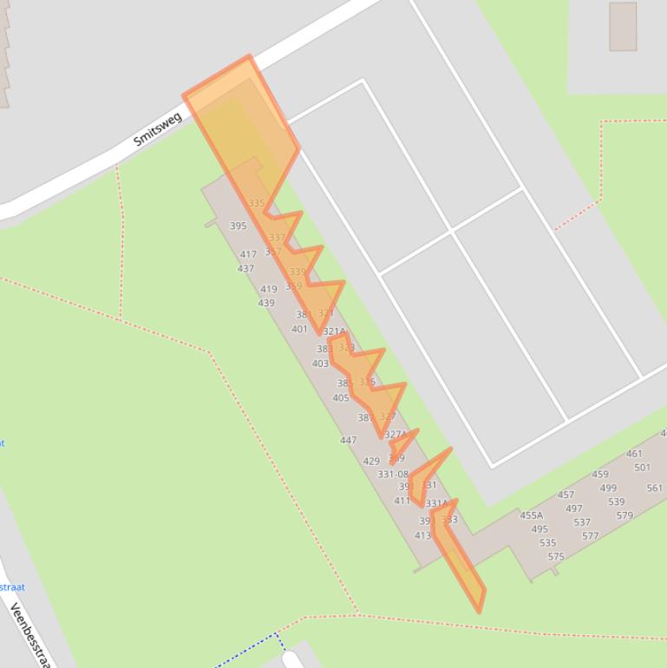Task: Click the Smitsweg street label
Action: point(158,128)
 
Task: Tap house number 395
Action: point(238,226)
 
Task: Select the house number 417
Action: point(248,254)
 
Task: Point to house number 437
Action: point(245,268)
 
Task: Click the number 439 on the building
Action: point(265,303)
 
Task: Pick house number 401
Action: point(299,329)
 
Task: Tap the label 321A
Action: point(334,331)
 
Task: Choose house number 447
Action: point(348,440)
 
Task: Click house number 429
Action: point(371,461)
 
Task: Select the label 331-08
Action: point(392,474)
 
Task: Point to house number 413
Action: point(422,535)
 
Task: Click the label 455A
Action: point(531,515)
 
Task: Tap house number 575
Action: point(555,557)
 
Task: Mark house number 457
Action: point(566,494)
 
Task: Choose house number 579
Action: point(624,515)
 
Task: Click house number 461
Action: point(634,453)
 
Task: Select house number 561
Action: point(654,488)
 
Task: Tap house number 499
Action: point(608,488)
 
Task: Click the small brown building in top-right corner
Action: point(623,26)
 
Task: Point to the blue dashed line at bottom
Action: point(247,651)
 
